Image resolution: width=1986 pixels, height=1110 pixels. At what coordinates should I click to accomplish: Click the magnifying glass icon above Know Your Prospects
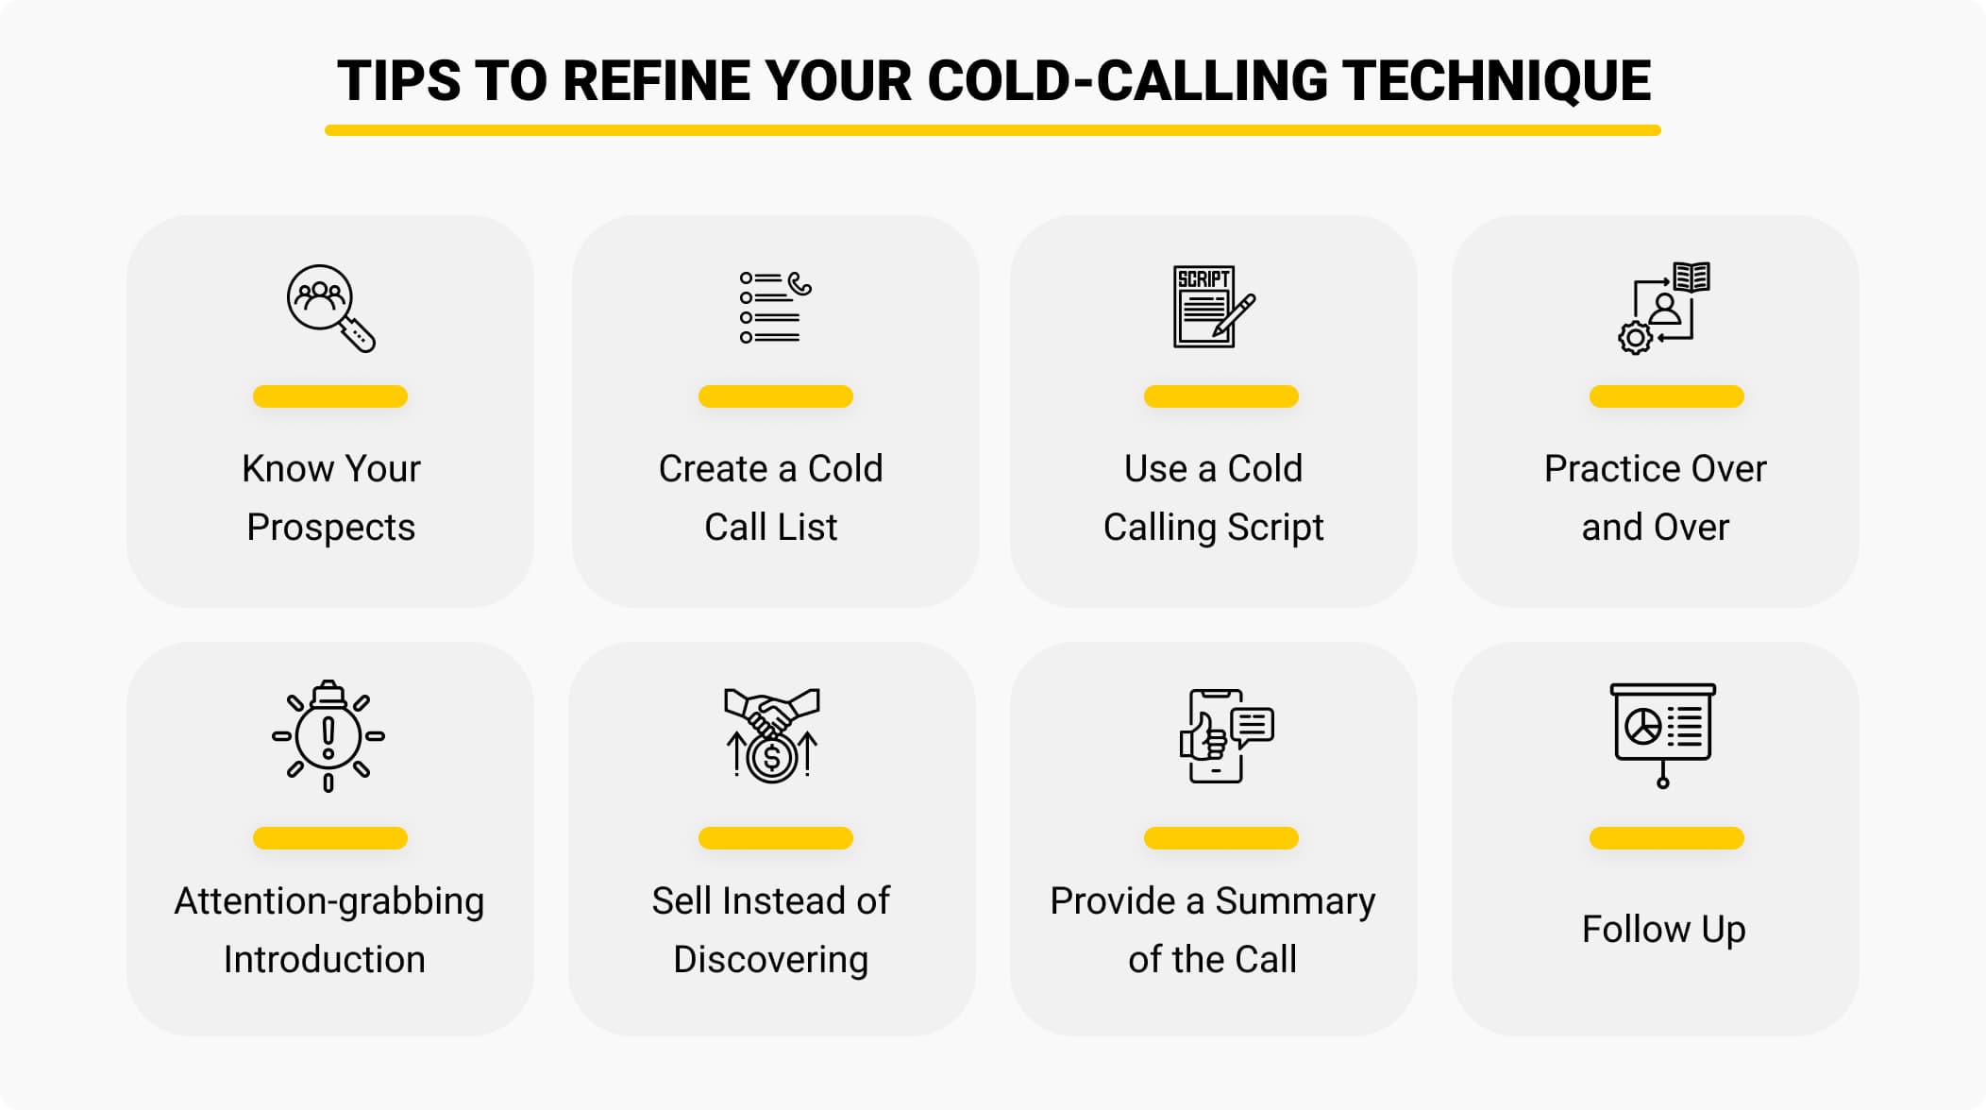(330, 309)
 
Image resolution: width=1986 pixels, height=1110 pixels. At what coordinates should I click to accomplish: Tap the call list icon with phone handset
(775, 308)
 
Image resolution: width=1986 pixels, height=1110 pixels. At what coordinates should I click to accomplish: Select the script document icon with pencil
(1214, 307)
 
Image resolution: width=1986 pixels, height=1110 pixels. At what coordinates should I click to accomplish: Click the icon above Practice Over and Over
(1663, 308)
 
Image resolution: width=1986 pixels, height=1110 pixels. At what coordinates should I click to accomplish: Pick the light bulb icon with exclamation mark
(328, 736)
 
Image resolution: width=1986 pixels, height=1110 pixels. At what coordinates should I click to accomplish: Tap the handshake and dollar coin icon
(772, 735)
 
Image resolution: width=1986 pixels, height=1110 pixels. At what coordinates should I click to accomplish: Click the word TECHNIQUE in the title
(1497, 81)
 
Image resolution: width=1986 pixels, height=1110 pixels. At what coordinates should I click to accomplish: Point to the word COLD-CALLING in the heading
(1127, 81)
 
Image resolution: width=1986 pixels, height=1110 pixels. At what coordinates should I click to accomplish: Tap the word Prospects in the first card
(330, 528)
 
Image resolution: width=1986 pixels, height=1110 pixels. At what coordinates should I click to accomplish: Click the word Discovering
(770, 960)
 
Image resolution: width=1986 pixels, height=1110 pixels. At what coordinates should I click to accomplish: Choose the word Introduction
(325, 959)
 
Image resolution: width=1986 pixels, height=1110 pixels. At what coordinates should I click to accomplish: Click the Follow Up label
(1663, 930)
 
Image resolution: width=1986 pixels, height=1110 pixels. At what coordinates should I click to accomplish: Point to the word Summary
(1295, 901)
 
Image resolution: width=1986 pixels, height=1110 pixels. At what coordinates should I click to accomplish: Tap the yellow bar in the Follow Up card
(1666, 838)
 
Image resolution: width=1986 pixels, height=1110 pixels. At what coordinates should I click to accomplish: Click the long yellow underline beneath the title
(993, 130)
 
